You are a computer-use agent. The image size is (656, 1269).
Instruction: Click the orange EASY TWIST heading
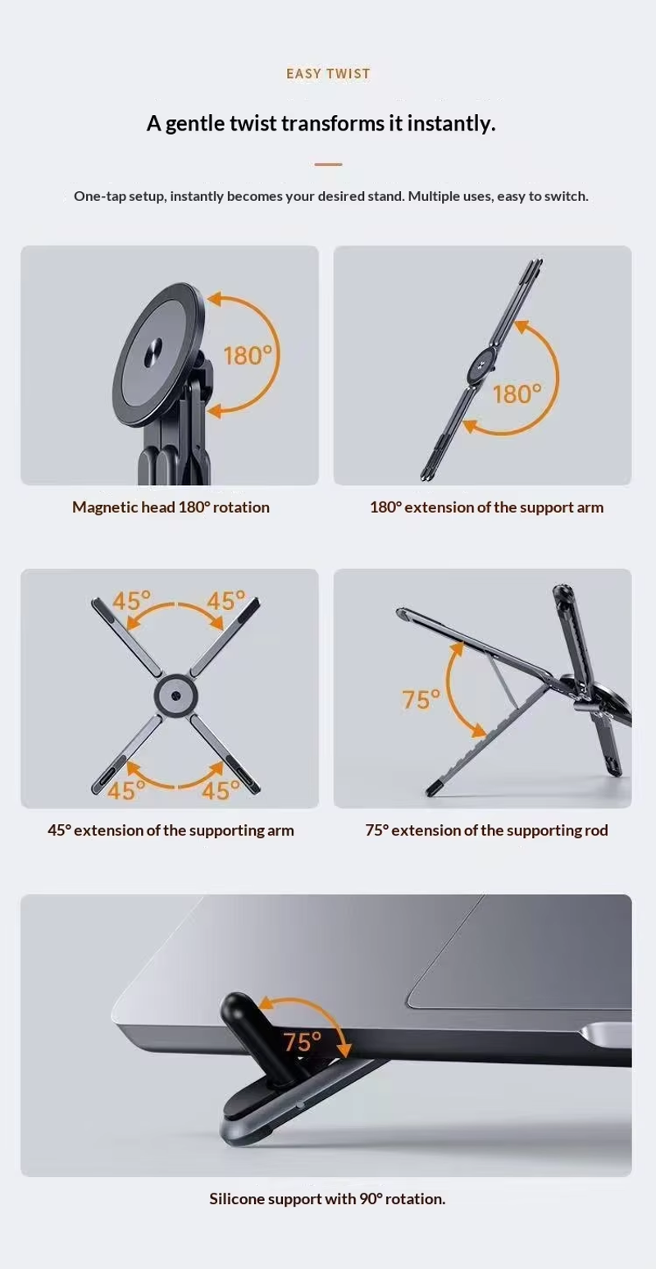click(x=328, y=74)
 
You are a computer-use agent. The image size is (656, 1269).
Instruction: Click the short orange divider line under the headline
click(x=328, y=164)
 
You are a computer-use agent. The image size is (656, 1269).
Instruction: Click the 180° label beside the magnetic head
click(x=248, y=355)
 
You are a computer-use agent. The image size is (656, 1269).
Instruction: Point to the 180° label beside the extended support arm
click(x=517, y=394)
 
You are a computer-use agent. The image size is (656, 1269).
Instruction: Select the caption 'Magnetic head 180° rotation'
click(x=171, y=507)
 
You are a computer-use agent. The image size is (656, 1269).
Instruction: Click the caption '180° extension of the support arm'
click(x=487, y=507)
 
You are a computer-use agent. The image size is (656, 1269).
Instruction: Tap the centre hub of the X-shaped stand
click(x=175, y=694)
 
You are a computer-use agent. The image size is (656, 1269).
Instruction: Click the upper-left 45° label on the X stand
click(x=131, y=601)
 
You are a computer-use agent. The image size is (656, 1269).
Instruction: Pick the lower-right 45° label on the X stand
click(x=221, y=790)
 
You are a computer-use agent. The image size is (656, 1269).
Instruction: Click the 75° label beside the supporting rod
click(x=421, y=699)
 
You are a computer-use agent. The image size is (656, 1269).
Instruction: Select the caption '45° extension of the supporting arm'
click(x=171, y=831)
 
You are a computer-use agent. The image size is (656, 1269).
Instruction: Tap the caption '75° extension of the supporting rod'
click(x=487, y=831)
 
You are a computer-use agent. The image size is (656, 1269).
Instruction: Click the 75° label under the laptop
click(x=303, y=1042)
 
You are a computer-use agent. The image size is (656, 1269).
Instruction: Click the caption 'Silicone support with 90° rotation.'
click(x=327, y=1198)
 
